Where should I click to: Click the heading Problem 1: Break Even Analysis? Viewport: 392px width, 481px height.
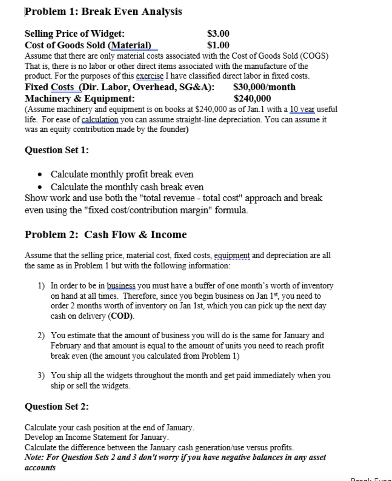click(x=103, y=12)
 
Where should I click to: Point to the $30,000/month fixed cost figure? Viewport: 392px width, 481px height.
click(x=265, y=87)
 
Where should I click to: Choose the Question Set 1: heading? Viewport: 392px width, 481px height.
click(x=57, y=150)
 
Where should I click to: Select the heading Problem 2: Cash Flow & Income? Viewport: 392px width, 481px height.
click(x=106, y=235)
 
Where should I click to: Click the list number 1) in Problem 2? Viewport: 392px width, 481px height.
click(x=42, y=285)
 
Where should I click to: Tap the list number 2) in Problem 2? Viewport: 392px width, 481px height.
click(x=42, y=335)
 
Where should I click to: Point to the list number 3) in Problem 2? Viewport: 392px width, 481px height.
click(x=42, y=376)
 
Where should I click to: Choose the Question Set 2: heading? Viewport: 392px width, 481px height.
click(x=57, y=407)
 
